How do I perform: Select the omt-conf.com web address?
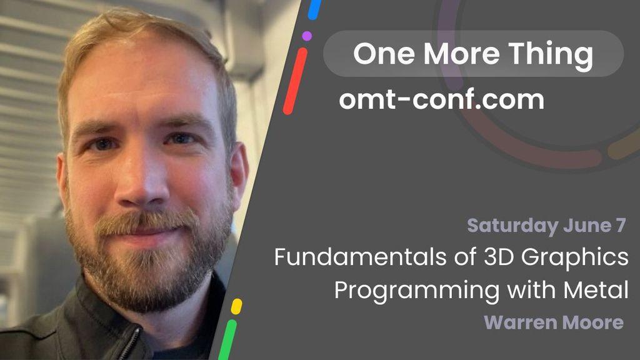pyautogui.click(x=442, y=99)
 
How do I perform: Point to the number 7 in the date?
pyautogui.click(x=621, y=225)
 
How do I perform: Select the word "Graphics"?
pyautogui.click(x=575, y=258)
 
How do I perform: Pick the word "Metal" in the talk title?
pyautogui.click(x=596, y=290)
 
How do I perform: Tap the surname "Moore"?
pyautogui.click(x=591, y=322)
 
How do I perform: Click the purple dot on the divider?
pyautogui.click(x=307, y=36)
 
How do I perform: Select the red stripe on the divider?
pyautogui.click(x=295, y=81)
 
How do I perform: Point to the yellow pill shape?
pyautogui.click(x=236, y=306)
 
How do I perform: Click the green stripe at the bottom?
pyautogui.click(x=227, y=339)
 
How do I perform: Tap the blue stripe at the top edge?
pyautogui.click(x=314, y=9)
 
